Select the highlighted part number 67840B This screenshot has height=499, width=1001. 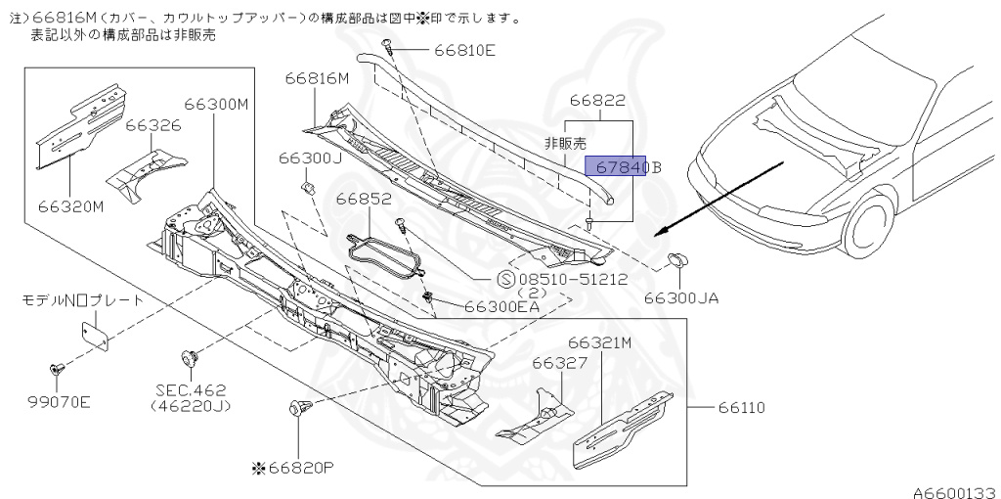[x=623, y=167]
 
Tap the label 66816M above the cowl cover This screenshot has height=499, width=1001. [x=318, y=79]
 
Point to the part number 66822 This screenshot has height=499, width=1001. [x=597, y=100]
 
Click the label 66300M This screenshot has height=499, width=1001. [x=217, y=104]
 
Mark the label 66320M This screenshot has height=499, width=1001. [x=70, y=206]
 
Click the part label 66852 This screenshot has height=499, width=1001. [x=364, y=199]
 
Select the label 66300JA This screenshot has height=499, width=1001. [x=681, y=297]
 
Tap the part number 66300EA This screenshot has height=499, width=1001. [x=502, y=306]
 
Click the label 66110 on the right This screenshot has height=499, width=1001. [x=743, y=407]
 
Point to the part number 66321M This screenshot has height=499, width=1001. [x=600, y=342]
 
